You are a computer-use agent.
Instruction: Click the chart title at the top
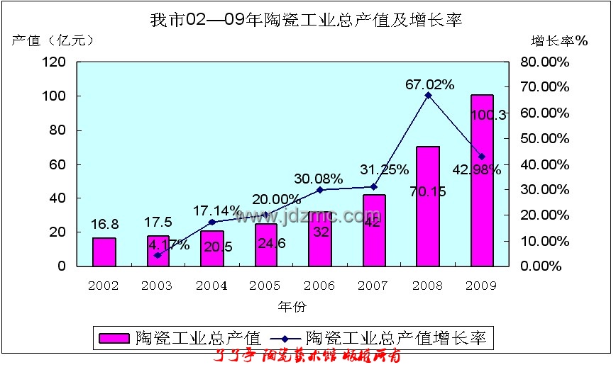[x=306, y=20]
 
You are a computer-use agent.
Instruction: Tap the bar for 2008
[x=428, y=207]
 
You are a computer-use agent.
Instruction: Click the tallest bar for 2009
[x=482, y=181]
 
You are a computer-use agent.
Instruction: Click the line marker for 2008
[x=428, y=95]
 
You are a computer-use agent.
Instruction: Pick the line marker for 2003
[x=158, y=255]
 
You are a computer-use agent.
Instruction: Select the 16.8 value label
[x=104, y=225]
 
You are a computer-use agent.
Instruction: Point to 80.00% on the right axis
[x=545, y=62]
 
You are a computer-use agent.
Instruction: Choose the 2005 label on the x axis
[x=265, y=286]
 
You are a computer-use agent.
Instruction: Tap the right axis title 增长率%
[x=560, y=40]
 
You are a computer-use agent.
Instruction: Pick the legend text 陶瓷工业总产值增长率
[x=398, y=338]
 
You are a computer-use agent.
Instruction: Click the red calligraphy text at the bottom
[x=307, y=356]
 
